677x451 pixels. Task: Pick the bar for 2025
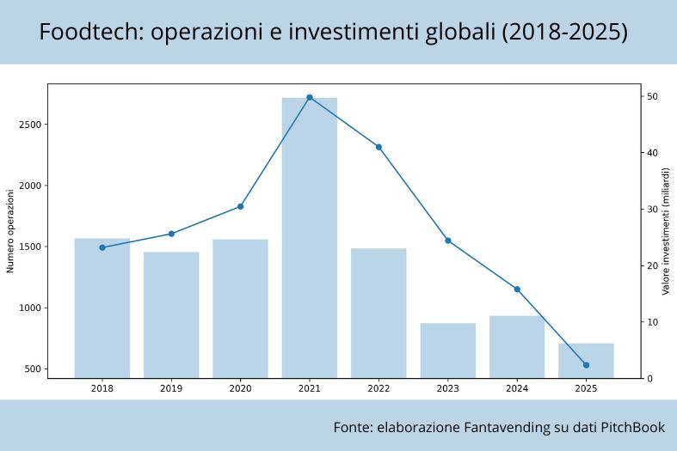(x=586, y=361)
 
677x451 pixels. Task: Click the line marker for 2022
(x=379, y=147)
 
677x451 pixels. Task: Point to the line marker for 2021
(x=310, y=97)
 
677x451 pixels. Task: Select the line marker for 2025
(x=586, y=365)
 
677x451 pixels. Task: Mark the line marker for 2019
(x=171, y=234)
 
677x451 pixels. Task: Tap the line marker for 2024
(x=517, y=289)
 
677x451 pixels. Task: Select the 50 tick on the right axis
(x=653, y=96)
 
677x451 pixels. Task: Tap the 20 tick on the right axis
(x=653, y=265)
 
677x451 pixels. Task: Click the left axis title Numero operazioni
(x=11, y=230)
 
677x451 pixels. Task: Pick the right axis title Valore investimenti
(x=666, y=230)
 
